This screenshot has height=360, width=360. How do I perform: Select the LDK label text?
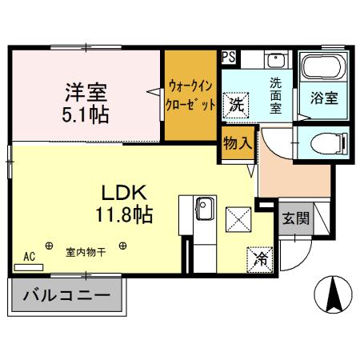(x=122, y=194)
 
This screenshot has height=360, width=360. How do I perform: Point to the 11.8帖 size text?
(x=122, y=215)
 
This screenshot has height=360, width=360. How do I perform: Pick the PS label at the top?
(x=229, y=57)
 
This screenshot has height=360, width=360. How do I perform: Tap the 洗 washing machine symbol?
(x=236, y=104)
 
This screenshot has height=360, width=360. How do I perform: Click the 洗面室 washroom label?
(x=275, y=94)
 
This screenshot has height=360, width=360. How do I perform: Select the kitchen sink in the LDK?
(x=203, y=210)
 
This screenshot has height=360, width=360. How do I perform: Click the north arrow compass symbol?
(x=334, y=296)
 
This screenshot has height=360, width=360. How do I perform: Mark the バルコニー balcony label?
(x=66, y=296)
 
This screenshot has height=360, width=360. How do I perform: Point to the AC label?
(x=30, y=257)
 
